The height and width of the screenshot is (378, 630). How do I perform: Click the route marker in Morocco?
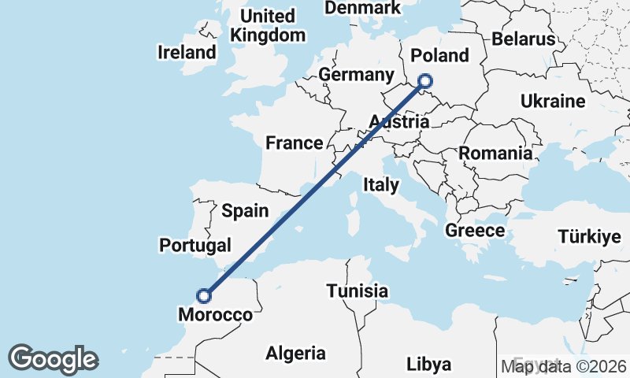point(204,296)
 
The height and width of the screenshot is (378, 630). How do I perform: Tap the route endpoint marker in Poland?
point(425,80)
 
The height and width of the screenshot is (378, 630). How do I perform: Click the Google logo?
point(53,359)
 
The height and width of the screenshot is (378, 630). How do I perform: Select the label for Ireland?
point(187,53)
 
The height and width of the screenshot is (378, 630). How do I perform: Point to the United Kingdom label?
point(268,25)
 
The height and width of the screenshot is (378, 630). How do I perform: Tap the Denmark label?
point(363,8)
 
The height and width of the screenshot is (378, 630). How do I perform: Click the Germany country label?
point(356,75)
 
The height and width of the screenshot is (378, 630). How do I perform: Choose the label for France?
point(294,143)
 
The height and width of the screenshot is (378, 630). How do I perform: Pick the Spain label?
point(245,211)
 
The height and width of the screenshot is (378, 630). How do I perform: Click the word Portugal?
point(195,245)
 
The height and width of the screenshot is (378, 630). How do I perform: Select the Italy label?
point(381,185)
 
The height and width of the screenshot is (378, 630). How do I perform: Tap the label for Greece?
point(475,231)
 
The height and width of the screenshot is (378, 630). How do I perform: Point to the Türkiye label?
point(584,237)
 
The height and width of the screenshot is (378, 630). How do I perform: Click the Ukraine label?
point(552,102)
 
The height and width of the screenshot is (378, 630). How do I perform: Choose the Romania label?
point(495,153)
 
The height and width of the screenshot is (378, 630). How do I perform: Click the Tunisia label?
point(358,291)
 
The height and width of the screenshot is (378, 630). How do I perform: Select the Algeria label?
point(296,352)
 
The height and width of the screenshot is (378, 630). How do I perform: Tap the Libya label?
point(429,364)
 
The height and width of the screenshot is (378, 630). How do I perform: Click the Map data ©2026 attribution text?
point(564,366)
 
